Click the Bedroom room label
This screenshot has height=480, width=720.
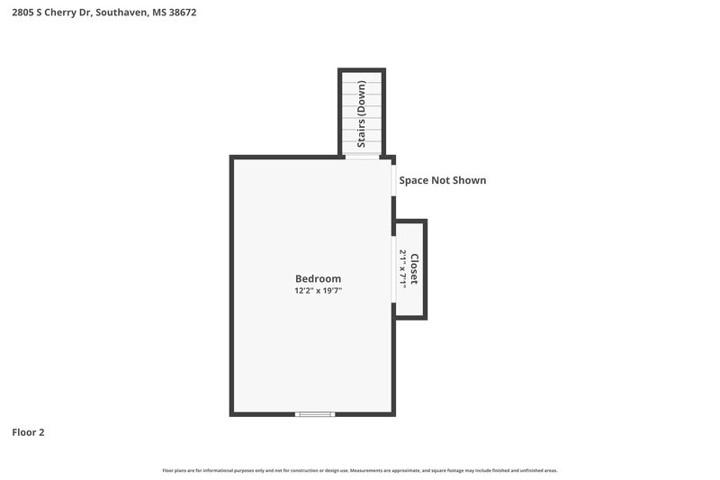(x=318, y=278)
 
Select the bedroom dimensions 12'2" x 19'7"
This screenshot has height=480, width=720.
(x=318, y=291)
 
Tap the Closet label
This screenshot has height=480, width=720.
(x=414, y=268)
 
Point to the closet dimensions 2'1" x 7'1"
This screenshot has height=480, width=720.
(x=403, y=268)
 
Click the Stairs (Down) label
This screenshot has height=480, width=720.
(x=362, y=114)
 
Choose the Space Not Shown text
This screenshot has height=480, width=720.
(x=443, y=180)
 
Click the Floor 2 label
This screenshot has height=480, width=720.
(x=28, y=432)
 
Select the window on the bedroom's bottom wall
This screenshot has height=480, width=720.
(x=315, y=414)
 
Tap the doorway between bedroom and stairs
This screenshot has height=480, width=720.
(x=362, y=157)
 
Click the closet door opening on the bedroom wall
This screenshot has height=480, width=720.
(x=394, y=268)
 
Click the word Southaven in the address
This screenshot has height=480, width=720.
(x=119, y=13)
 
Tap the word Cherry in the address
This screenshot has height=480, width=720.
(x=67, y=13)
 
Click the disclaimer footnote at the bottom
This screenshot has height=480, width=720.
(x=360, y=470)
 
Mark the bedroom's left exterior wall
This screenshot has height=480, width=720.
(x=232, y=285)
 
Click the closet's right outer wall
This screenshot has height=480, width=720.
(x=425, y=268)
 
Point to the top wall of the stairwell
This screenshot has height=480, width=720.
(x=362, y=70)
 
